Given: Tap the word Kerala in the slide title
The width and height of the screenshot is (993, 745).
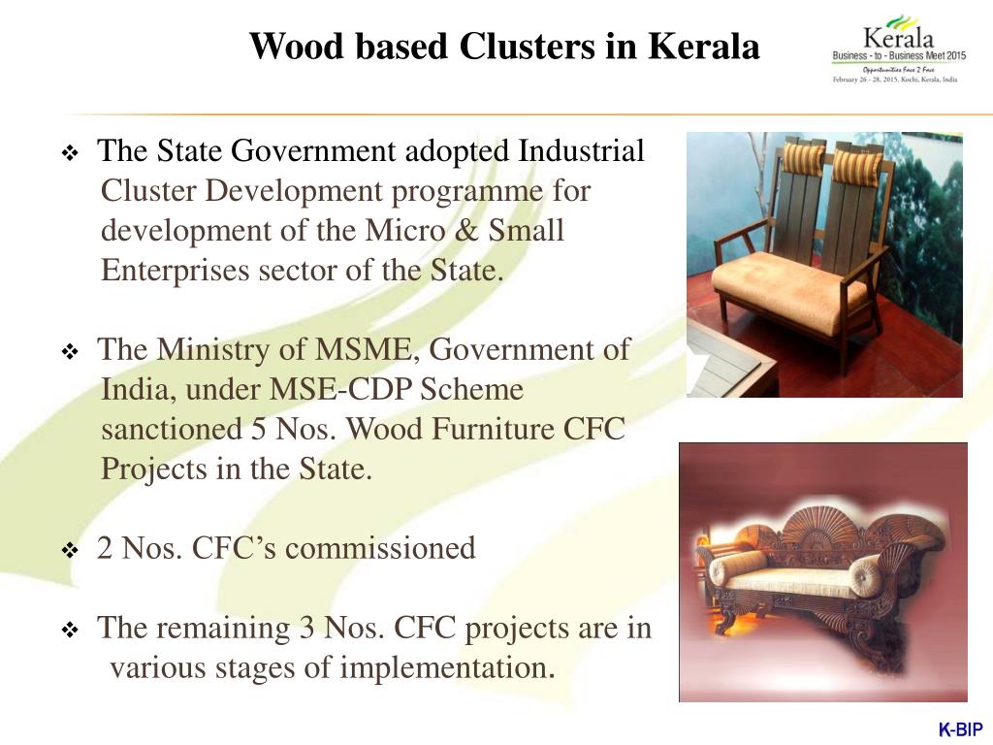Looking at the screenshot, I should tap(704, 46).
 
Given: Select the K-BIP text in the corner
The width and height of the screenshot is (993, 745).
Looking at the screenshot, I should tap(960, 730).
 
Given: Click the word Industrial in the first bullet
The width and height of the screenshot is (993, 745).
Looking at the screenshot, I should tap(581, 151).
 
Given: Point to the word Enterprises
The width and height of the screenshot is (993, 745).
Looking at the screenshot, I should tap(176, 271).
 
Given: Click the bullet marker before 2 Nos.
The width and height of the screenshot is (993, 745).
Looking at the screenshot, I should tap(70, 551).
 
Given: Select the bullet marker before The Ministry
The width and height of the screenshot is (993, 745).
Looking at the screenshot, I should tap(70, 352).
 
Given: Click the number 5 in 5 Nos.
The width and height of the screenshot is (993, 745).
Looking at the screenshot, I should tap(259, 429).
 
